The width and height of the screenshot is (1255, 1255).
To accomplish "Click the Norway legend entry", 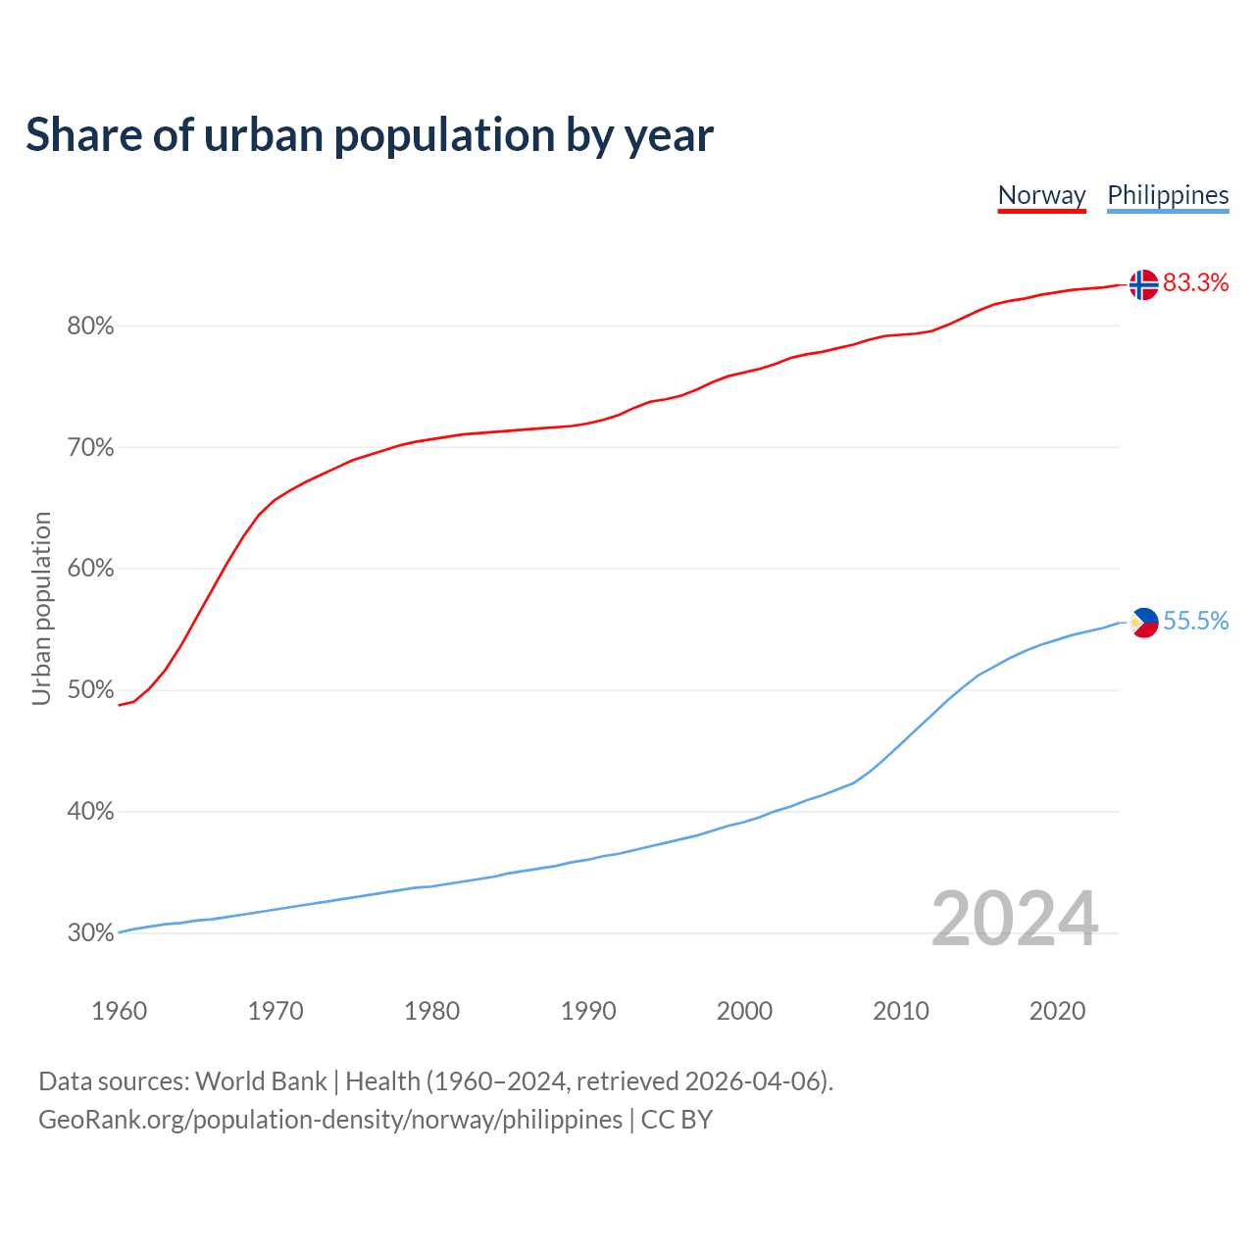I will pyautogui.click(x=1041, y=195).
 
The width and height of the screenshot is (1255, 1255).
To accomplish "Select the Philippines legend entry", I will pyautogui.click(x=1168, y=195).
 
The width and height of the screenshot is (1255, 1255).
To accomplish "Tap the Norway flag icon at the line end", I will pyautogui.click(x=1143, y=284).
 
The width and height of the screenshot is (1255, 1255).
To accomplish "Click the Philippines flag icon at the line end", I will pyautogui.click(x=1143, y=622).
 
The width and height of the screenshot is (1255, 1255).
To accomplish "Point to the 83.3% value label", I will pyautogui.click(x=1195, y=283).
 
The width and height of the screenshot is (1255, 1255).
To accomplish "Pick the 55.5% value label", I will pyautogui.click(x=1195, y=621).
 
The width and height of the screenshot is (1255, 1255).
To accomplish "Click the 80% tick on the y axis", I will pyautogui.click(x=90, y=326).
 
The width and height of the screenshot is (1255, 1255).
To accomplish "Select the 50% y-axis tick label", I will pyautogui.click(x=90, y=690).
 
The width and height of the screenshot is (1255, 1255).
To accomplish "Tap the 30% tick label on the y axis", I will pyautogui.click(x=90, y=933).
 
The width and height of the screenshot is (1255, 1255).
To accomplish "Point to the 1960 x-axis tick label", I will pyautogui.click(x=120, y=1011).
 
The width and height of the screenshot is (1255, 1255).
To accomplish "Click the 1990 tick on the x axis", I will pyautogui.click(x=588, y=1011).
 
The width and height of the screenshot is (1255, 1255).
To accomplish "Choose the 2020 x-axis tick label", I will pyautogui.click(x=1057, y=1011).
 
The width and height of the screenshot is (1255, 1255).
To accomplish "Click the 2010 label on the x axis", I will pyautogui.click(x=901, y=1011).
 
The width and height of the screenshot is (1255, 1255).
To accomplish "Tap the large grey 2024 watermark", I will pyautogui.click(x=1015, y=919).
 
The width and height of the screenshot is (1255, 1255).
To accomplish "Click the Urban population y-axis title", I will pyautogui.click(x=41, y=608).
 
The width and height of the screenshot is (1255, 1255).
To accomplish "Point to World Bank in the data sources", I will pyautogui.click(x=261, y=1081).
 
